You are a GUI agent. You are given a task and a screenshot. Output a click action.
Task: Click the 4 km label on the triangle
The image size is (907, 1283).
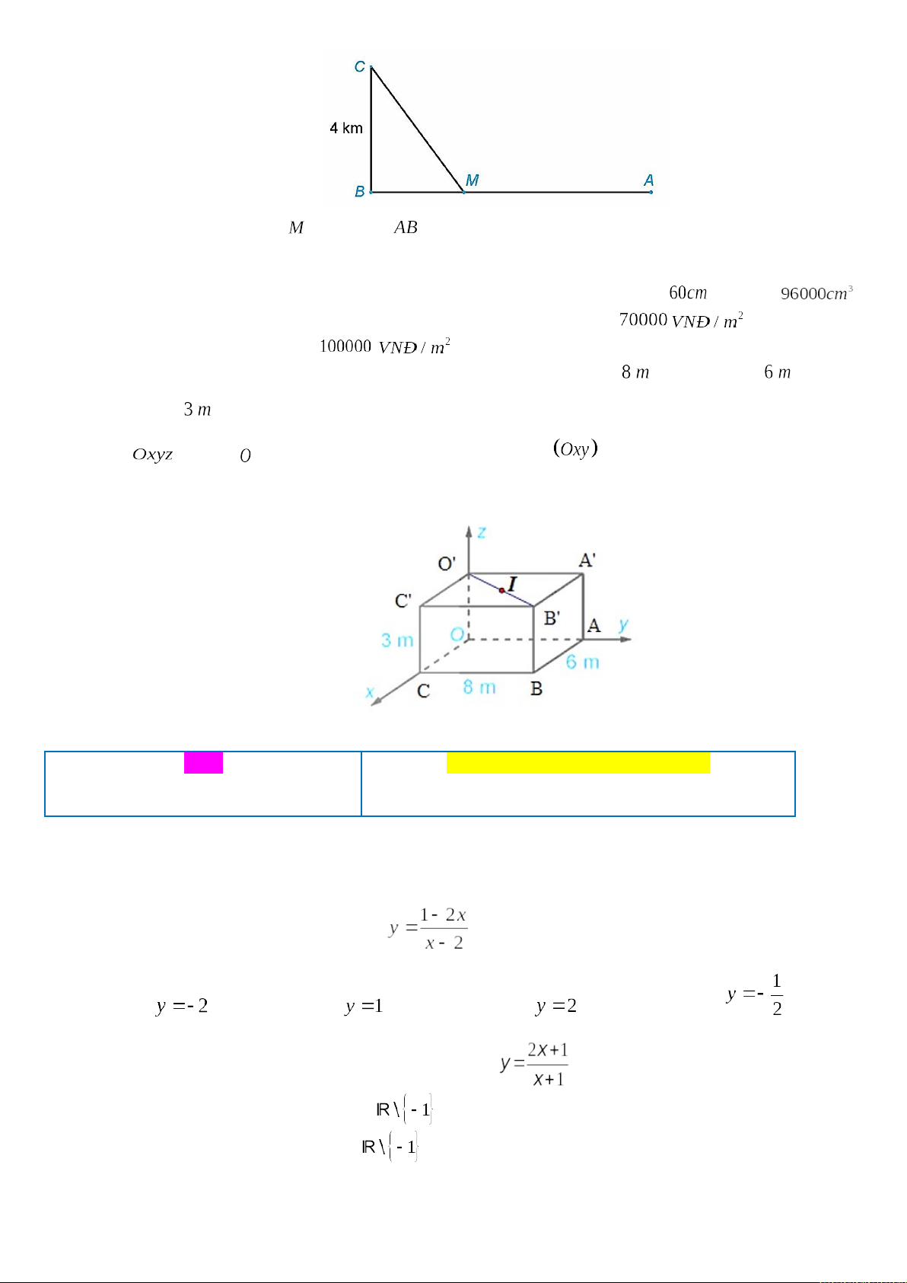click(346, 128)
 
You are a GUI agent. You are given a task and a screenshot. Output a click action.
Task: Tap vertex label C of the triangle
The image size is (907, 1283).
click(359, 67)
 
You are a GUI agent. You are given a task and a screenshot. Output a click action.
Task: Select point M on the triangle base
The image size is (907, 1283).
click(463, 192)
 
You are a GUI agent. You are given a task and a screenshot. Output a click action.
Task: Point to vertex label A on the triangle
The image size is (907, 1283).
click(648, 180)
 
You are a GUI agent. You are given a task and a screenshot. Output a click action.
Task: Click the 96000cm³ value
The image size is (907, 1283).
click(816, 292)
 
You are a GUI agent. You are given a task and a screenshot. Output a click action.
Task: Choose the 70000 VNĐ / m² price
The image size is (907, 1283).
click(681, 320)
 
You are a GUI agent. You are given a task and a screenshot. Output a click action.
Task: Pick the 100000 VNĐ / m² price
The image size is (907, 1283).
click(384, 346)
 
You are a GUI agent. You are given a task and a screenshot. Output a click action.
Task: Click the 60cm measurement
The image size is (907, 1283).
click(688, 292)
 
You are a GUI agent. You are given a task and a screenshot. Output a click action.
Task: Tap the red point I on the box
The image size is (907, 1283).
click(501, 590)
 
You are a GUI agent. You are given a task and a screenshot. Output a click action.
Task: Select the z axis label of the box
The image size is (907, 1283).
click(482, 533)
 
